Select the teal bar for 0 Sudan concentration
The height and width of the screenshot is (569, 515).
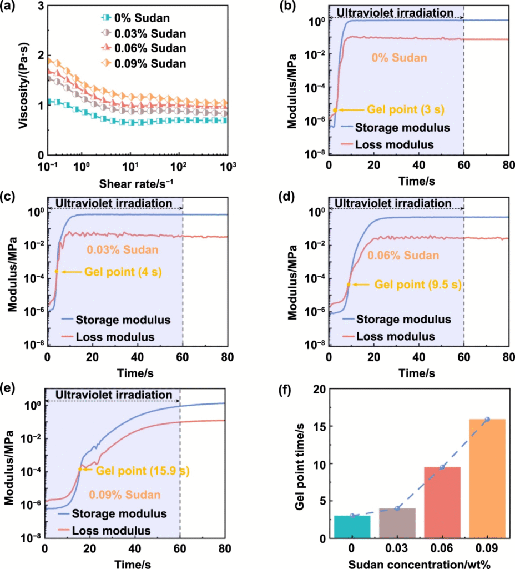coord(352,526)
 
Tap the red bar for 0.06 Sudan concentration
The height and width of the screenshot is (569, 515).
coord(442,502)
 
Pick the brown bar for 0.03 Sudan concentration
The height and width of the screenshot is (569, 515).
coord(397,523)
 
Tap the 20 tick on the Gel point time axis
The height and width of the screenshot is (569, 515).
coord(319,390)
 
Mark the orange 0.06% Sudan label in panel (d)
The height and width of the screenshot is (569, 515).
coord(402,256)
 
